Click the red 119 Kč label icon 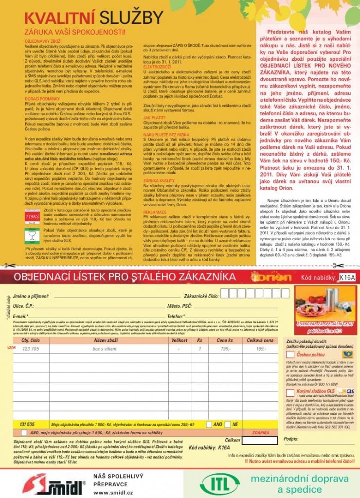coord(32,214)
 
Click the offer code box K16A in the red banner coord(347,277)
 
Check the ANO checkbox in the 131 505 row coord(209,424)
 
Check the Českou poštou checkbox coord(290,356)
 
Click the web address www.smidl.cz coord(107,492)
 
